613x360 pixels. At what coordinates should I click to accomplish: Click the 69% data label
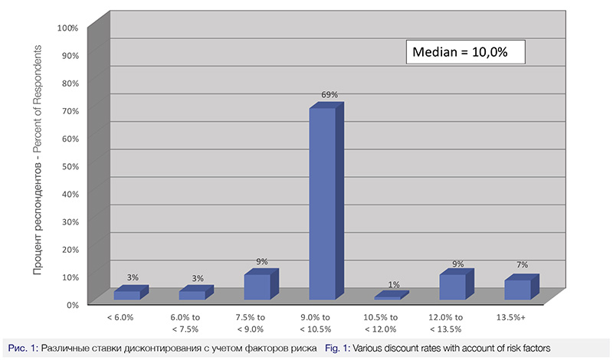[329, 95]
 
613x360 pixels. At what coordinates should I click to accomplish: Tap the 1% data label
[394, 285]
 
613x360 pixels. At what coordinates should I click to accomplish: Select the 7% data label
[524, 266]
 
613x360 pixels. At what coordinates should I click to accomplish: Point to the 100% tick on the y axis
[68, 28]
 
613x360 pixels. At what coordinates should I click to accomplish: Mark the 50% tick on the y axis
[70, 166]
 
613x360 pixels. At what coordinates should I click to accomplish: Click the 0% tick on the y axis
[73, 304]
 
